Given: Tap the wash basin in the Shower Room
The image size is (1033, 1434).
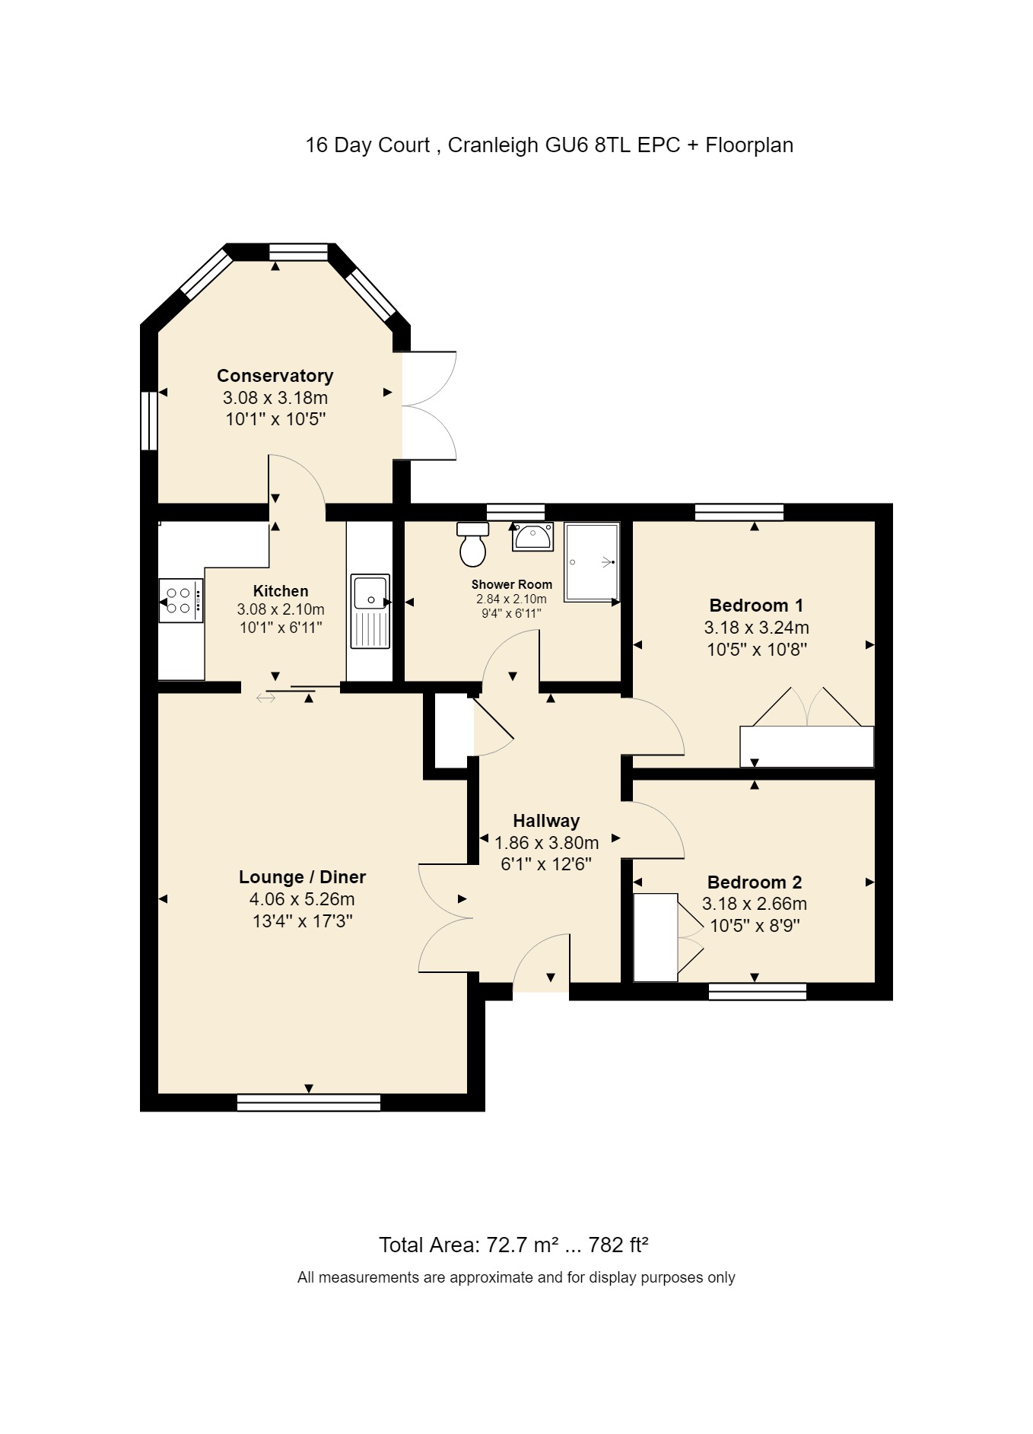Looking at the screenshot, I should [532, 536].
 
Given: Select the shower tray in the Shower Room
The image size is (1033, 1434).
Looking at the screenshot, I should [592, 561].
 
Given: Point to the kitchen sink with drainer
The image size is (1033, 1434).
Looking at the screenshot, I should [370, 611].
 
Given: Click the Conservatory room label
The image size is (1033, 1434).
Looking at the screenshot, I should [275, 376].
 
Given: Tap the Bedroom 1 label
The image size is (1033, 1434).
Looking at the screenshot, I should [755, 606].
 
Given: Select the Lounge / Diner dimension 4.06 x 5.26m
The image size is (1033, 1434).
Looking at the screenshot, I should [302, 899].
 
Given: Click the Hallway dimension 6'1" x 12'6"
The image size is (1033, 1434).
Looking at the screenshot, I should [545, 864].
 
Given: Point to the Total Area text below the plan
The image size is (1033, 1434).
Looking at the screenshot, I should [513, 1245].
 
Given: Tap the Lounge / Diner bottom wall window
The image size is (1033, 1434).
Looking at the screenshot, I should [308, 1102].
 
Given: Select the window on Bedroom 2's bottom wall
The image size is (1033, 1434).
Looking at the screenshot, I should [757, 991].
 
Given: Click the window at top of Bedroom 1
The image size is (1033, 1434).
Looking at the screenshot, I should [739, 512].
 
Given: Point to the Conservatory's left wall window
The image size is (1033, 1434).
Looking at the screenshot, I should [148, 421].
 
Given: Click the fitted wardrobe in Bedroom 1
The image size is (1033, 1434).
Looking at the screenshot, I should [806, 746].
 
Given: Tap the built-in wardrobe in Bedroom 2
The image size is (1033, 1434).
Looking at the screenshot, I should [655, 937].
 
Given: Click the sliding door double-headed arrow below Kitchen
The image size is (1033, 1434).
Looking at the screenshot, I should [265, 696].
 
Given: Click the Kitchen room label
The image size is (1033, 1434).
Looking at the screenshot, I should [281, 591].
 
